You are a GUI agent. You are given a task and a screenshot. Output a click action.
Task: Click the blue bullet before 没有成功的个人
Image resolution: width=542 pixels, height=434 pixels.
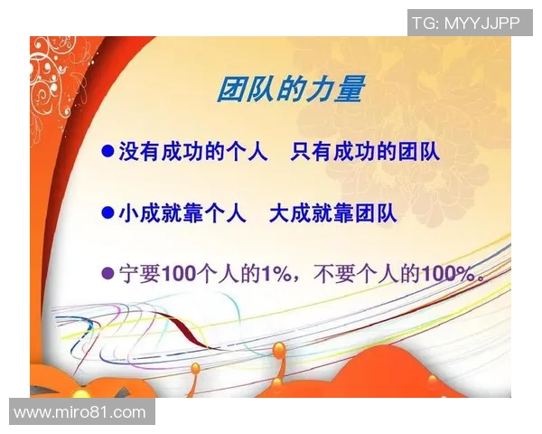(107, 152)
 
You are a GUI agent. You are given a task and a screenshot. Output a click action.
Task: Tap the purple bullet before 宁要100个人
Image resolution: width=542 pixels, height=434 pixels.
(107, 274)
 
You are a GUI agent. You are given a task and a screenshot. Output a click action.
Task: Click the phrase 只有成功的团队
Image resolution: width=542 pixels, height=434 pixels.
(365, 152)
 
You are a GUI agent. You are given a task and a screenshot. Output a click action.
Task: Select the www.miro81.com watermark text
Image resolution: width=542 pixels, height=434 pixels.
(79, 412)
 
